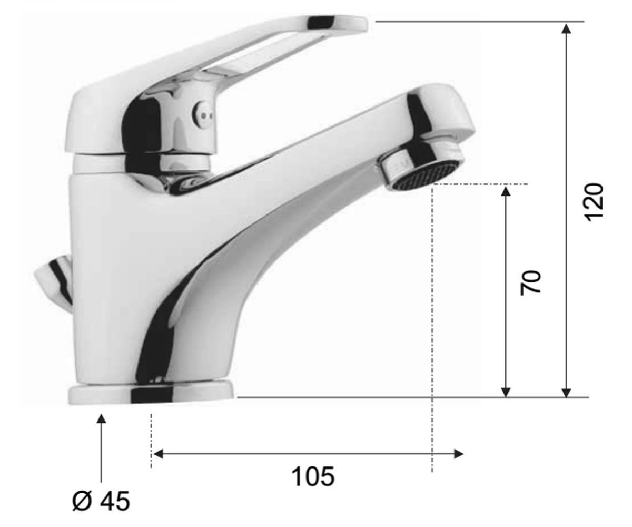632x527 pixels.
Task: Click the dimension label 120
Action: tap(594, 202)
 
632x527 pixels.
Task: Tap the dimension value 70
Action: tap(530, 281)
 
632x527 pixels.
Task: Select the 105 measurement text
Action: tap(313, 476)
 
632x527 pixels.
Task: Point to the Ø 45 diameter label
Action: tap(101, 501)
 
